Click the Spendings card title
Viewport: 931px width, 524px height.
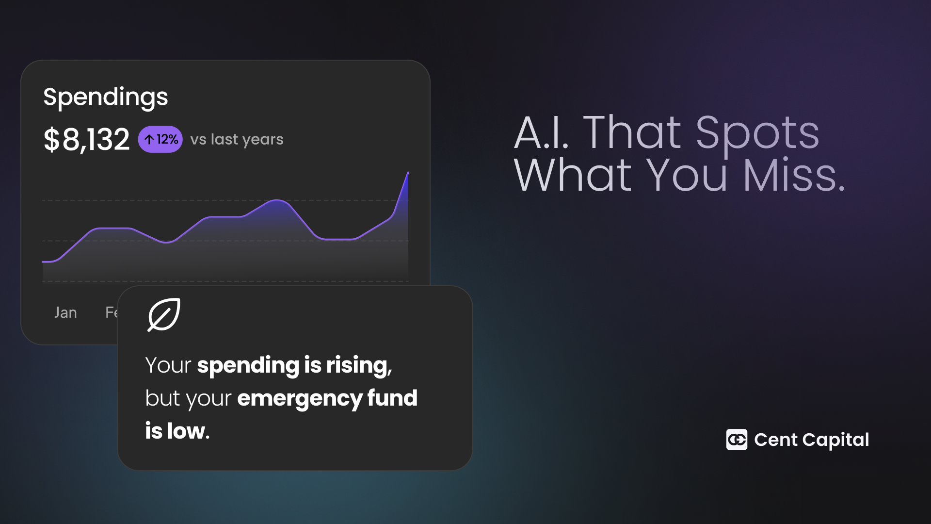click(106, 98)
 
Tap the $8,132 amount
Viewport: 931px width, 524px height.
click(87, 140)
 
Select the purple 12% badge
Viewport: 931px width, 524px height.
click(161, 140)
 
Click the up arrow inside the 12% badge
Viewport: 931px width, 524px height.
click(149, 140)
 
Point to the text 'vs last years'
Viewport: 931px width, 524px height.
click(237, 140)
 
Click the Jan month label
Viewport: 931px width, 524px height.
click(65, 312)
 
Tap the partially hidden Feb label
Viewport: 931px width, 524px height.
click(111, 312)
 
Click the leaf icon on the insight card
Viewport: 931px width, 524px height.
click(164, 314)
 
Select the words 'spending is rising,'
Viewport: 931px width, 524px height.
click(294, 366)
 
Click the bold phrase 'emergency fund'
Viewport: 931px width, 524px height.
click(327, 399)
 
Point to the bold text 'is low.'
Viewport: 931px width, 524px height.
click(177, 431)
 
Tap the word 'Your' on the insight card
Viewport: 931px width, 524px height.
click(168, 365)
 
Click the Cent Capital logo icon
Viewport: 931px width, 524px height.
click(737, 440)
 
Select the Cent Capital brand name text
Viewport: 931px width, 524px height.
click(812, 440)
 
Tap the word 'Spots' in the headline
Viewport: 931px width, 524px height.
click(757, 134)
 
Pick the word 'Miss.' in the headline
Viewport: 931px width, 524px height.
click(794, 176)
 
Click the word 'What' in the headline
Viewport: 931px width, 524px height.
click(573, 176)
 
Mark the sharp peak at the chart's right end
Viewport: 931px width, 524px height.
click(408, 172)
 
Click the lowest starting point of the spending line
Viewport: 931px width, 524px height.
click(44, 262)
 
